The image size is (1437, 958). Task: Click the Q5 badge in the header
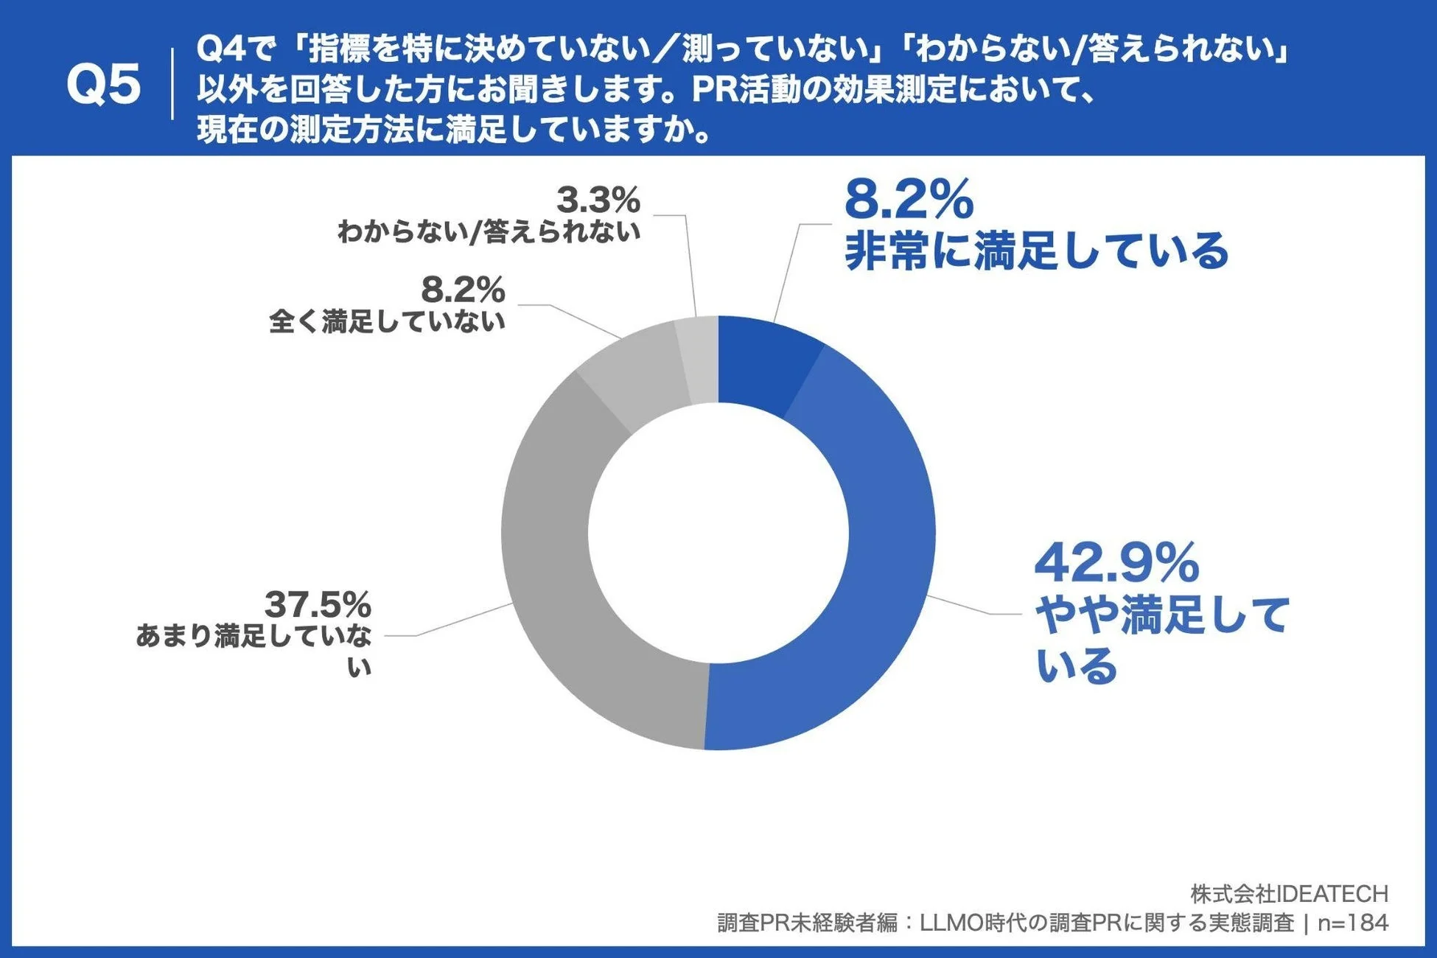103,84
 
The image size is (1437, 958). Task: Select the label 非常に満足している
1035,251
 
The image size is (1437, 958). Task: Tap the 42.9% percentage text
1116,564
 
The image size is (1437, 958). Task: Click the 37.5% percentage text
318,605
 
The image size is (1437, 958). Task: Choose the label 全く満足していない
387,321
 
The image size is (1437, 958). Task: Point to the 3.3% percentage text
598,200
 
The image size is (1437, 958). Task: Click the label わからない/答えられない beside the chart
489,232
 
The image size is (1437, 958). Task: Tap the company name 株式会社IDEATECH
1289,894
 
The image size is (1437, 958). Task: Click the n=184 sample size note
1353,923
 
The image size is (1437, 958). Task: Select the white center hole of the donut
718,533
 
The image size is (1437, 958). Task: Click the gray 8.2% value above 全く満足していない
463,290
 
